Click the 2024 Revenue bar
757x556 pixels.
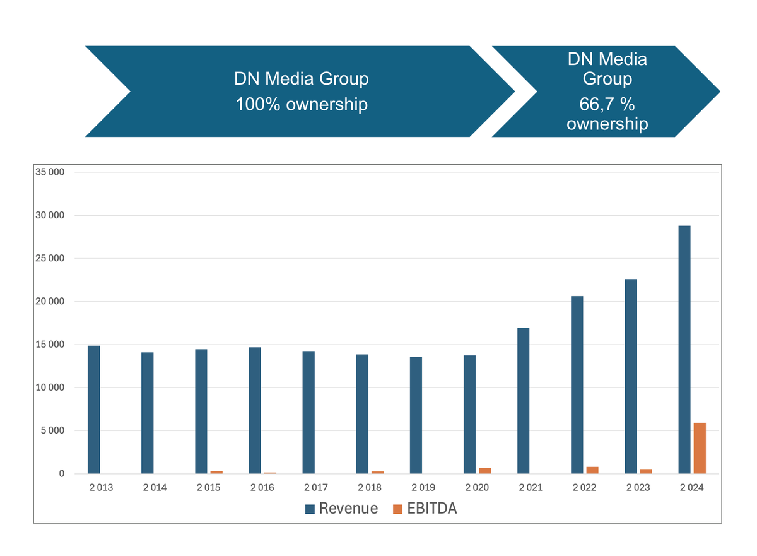(x=684, y=350)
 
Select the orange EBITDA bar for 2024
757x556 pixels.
(x=700, y=448)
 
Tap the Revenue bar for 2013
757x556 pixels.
(x=93, y=410)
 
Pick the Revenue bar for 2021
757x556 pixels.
(x=523, y=401)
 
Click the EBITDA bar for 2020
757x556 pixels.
(x=484, y=471)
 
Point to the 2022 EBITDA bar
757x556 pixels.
(x=592, y=470)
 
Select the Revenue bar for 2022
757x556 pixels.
(x=577, y=385)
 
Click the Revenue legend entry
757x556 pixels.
(x=341, y=509)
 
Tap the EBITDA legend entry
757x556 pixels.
(x=425, y=509)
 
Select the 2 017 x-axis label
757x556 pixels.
(x=315, y=488)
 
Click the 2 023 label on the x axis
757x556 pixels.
(x=638, y=488)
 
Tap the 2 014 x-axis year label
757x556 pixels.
(x=155, y=488)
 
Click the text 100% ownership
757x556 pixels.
(x=302, y=104)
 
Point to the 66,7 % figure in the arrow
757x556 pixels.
(x=606, y=104)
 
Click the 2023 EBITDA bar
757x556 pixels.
(x=646, y=471)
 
